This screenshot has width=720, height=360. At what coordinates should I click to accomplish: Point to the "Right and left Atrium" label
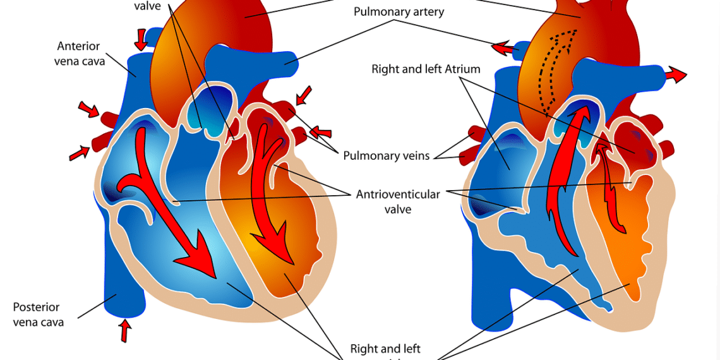[x=426, y=69]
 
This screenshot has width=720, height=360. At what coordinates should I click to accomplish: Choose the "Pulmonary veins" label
[x=386, y=155]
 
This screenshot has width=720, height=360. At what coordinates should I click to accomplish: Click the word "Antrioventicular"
[x=397, y=194]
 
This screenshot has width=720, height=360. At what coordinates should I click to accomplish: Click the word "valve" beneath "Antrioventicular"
[x=397, y=209]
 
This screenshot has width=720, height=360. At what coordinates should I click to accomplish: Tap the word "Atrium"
[x=463, y=69]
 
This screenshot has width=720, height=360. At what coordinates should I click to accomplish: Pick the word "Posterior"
[x=37, y=308]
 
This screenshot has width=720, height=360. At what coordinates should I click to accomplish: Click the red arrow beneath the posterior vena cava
[x=125, y=330]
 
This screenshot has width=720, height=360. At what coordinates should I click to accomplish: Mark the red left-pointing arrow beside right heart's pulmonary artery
[x=503, y=47]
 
